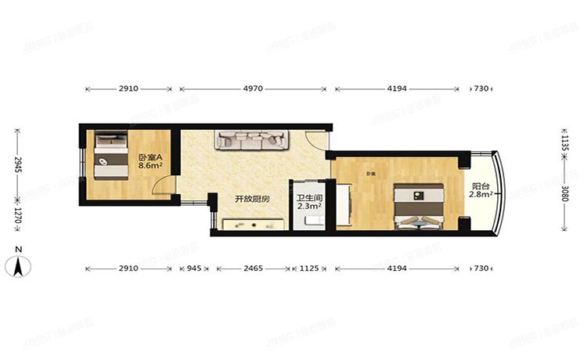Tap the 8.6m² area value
tap(150, 165)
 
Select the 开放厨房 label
tap(252, 200)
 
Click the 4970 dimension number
tap(253, 89)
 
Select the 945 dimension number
tap(193, 269)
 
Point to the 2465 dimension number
tap(252, 269)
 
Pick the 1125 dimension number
tap(310, 269)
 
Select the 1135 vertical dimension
tap(566, 139)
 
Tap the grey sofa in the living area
tap(251, 140)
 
